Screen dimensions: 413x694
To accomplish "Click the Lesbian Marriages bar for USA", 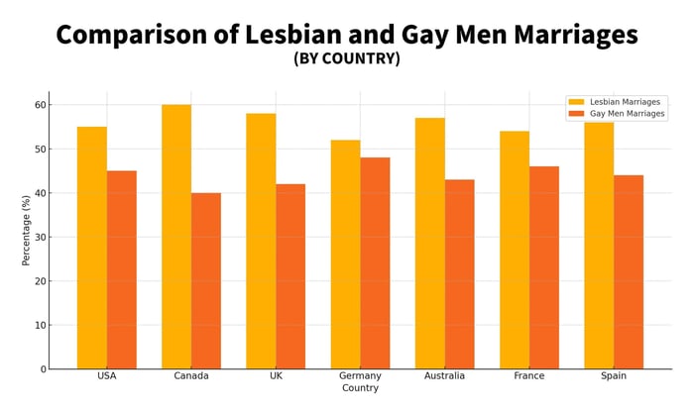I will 92,248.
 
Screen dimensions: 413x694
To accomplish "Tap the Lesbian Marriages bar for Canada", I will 176,237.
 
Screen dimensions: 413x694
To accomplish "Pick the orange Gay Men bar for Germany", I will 375,262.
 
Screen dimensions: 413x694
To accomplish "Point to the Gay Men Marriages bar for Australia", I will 459,273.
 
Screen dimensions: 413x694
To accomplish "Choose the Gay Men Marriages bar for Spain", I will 629,271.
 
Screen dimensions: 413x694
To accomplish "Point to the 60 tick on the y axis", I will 40,105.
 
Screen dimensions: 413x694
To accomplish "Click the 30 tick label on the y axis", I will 40,237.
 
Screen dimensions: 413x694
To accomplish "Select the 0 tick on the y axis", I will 43,369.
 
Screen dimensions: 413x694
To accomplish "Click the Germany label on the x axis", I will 360,376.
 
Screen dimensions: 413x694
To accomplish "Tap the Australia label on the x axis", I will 444,376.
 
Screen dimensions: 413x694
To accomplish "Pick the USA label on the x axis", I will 107,376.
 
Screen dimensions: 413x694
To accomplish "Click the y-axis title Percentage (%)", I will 27,230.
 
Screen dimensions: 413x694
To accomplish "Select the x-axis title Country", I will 360,388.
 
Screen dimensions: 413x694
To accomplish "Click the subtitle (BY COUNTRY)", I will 347,58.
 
